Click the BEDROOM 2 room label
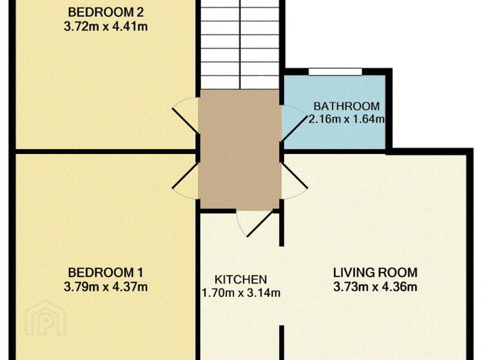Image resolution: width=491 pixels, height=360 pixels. point(106,12)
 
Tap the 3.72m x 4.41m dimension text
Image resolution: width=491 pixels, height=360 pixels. point(106,27)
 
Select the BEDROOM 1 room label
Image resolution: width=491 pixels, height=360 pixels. point(105,272)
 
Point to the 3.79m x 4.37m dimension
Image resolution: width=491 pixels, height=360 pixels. point(106,287)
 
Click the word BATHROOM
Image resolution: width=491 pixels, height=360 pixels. point(346,107)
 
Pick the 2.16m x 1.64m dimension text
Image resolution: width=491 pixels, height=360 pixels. point(346,119)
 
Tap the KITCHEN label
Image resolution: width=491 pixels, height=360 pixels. point(241,280)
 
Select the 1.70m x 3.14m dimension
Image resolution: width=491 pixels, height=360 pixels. point(241,293)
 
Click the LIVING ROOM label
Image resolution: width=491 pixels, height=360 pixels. point(375,272)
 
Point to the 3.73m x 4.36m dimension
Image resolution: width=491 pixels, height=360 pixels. point(375,287)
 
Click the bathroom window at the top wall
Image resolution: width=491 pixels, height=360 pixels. point(335,72)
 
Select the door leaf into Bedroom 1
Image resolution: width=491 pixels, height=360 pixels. point(185,175)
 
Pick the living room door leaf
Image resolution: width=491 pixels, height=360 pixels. point(295,175)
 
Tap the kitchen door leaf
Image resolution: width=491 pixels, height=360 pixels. point(259,223)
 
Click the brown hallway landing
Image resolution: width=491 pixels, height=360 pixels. point(239,149)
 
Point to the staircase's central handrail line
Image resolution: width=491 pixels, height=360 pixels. point(240,45)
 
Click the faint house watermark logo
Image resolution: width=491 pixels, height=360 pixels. point(45,318)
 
